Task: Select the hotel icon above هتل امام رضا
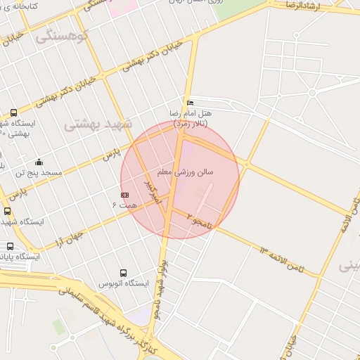[x=190, y=103]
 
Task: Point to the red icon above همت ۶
[x=124, y=193]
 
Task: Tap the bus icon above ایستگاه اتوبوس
[x=124, y=273]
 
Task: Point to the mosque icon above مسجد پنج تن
[x=39, y=162]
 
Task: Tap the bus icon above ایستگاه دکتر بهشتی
[x=14, y=112]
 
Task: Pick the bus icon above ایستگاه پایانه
[x=10, y=246]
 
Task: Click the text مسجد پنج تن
[x=39, y=172]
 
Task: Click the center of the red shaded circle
[x=180, y=180]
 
